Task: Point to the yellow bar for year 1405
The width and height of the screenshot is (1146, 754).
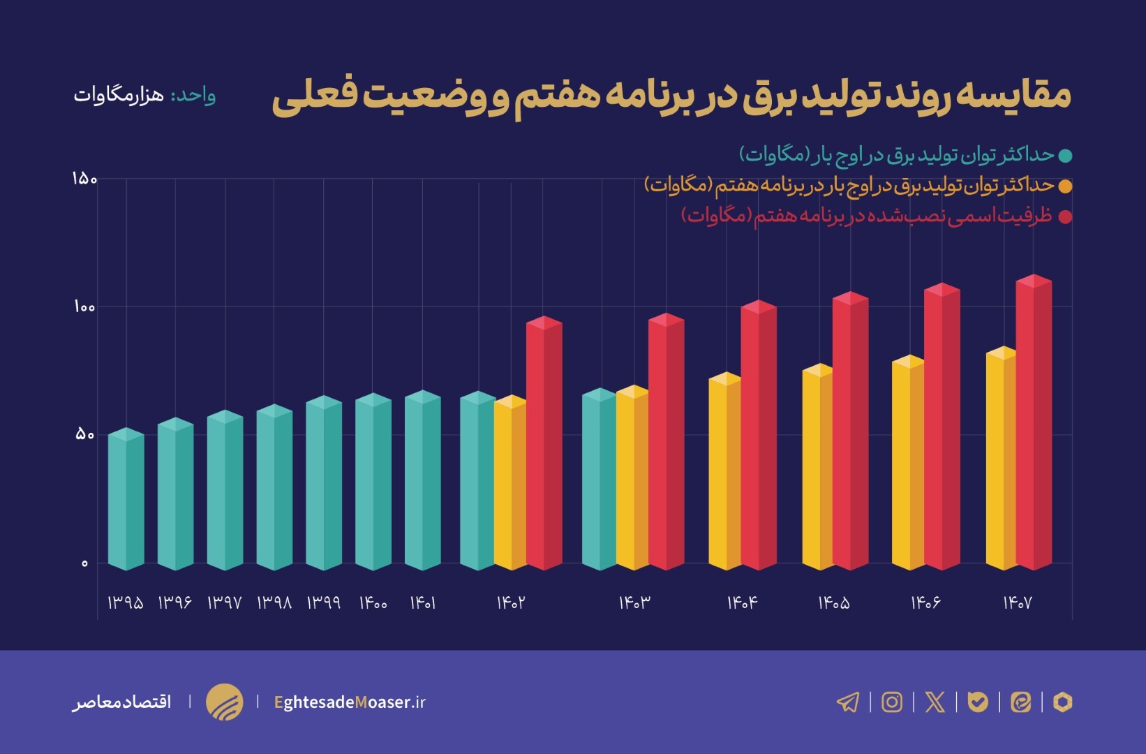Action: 817,467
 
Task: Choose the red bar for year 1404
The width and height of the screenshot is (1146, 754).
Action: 759,436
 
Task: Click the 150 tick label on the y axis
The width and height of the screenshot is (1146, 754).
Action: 84,179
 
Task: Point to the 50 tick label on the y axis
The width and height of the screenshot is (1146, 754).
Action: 84,435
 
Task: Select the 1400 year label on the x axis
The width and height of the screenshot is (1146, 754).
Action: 373,603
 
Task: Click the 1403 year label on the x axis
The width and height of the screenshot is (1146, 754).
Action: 634,603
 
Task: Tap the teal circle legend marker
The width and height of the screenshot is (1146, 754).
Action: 1065,156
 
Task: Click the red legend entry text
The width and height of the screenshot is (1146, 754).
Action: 866,216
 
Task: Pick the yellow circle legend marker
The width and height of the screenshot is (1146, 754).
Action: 1065,186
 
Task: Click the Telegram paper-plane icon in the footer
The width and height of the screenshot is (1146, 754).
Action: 848,702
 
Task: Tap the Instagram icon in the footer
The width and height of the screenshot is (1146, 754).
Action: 892,702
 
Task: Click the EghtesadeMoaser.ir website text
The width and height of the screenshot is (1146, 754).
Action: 350,702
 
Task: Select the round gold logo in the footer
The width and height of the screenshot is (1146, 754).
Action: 225,702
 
